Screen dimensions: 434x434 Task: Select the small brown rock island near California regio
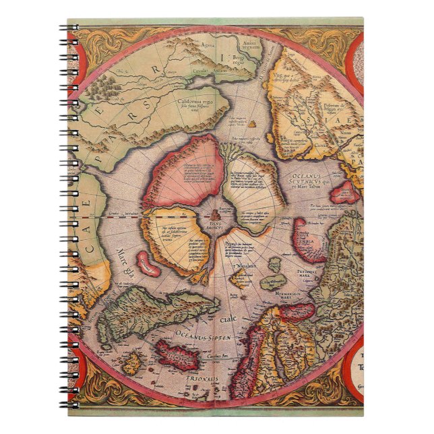(253, 124)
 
